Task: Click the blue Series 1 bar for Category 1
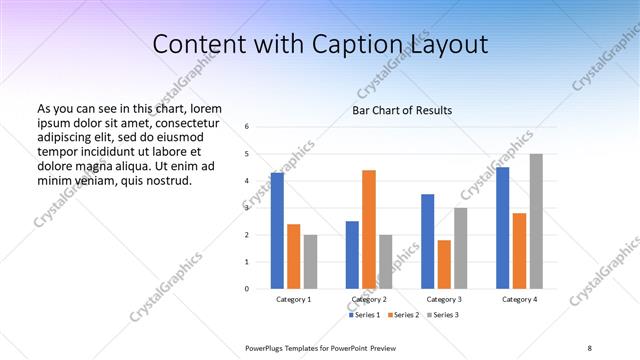coord(277,231)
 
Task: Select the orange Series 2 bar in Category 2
coord(369,229)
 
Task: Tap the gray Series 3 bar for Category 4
coord(536,221)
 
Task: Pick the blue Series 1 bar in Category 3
coord(428,241)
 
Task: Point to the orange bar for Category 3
coord(444,264)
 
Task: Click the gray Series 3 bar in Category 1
coord(310,262)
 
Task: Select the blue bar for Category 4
coord(503,228)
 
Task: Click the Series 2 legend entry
coord(403,315)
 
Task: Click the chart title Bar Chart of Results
coord(402,110)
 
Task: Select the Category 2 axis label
coord(369,299)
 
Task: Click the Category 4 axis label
coord(519,299)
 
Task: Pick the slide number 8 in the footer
coord(590,347)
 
